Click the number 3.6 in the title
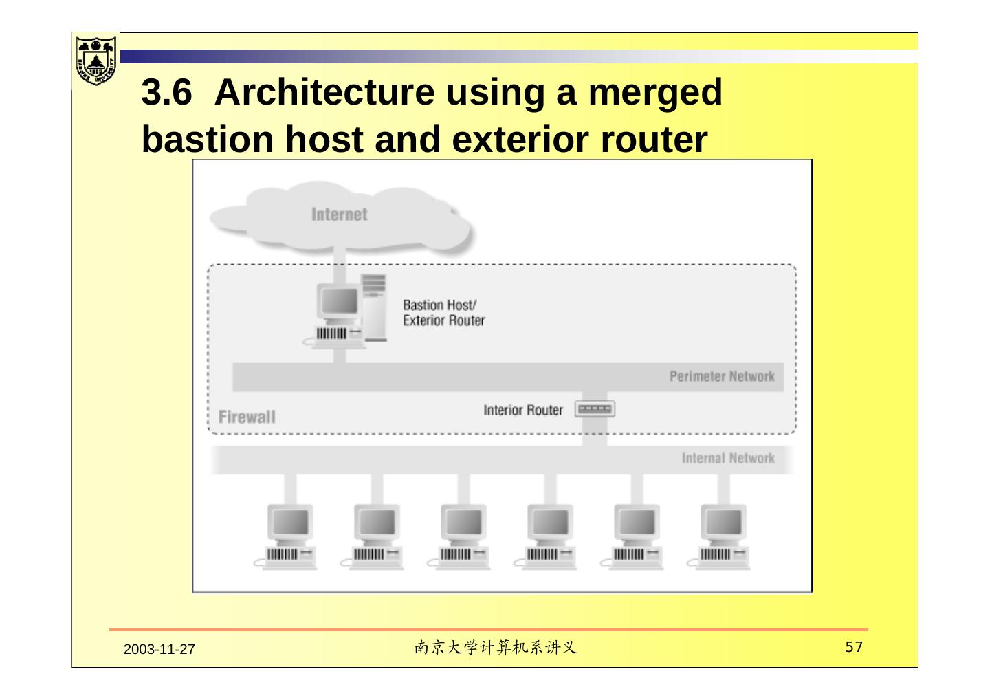click(166, 92)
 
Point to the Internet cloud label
click(339, 215)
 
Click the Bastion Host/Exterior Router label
click(443, 313)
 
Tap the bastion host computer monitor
click(338, 303)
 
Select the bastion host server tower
click(375, 307)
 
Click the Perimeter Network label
click(721, 377)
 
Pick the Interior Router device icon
click(595, 410)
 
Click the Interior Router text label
click(522, 411)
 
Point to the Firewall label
click(247, 417)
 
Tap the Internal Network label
click(727, 459)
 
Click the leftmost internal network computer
click(290, 537)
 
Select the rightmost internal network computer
click(723, 537)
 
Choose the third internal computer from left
click(463, 537)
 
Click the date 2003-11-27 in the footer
click(159, 650)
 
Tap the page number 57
click(854, 647)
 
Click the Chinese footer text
click(495, 648)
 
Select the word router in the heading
click(654, 139)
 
